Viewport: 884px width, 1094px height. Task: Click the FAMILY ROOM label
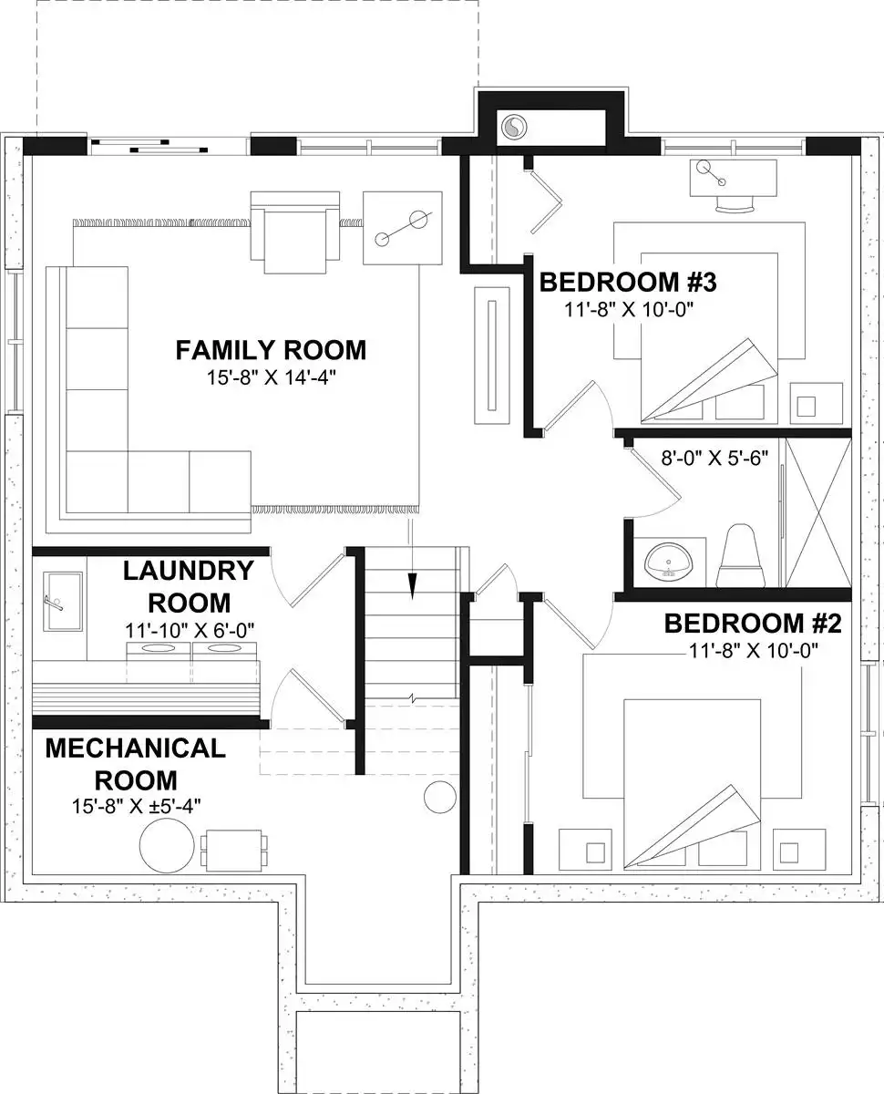[271, 350]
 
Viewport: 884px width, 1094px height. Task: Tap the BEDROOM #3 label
[628, 282]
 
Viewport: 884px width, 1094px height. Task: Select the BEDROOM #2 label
[753, 624]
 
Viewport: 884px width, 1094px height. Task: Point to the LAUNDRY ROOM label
[189, 586]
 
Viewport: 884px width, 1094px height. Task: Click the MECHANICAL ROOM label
[136, 764]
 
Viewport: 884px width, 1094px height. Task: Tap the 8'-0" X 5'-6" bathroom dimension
[714, 458]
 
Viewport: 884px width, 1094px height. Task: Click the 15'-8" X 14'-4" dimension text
[271, 378]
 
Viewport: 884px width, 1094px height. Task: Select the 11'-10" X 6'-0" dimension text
[190, 630]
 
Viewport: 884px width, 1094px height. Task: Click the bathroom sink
[669, 561]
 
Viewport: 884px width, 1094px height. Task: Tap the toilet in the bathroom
[740, 556]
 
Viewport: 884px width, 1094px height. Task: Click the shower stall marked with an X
[818, 512]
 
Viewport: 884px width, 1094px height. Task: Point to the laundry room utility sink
[63, 602]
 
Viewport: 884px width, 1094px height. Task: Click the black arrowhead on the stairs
[412, 585]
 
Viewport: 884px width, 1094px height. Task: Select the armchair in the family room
[295, 232]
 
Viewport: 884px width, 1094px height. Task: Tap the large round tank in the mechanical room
[167, 845]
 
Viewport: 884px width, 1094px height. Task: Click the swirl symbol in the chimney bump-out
[513, 127]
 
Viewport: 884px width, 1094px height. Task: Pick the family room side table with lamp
[403, 228]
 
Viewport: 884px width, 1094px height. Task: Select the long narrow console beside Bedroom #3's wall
[492, 356]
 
